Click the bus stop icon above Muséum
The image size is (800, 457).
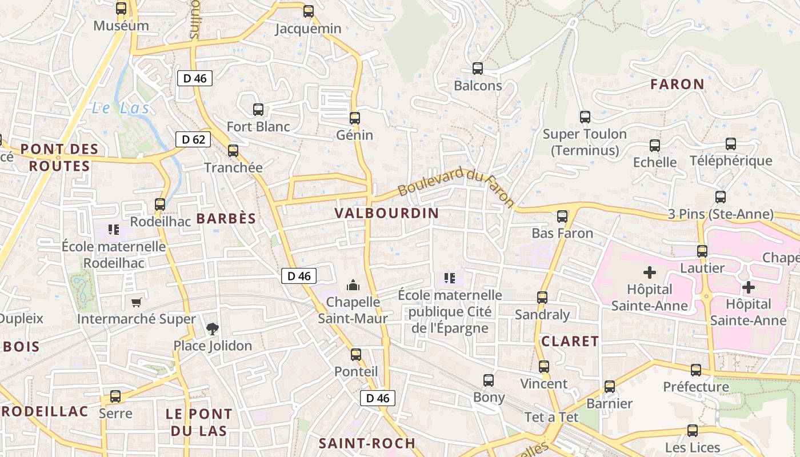pos(121,9)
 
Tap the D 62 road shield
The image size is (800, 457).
pos(193,139)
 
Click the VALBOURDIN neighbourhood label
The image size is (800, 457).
pos(387,214)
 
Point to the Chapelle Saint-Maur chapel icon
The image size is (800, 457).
pos(353,284)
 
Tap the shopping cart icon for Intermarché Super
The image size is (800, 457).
pos(136,302)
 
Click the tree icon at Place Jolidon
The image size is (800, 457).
pos(213,329)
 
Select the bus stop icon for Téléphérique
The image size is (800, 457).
pos(731,144)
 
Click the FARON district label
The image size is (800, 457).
pos(677,85)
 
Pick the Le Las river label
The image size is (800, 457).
pos(121,108)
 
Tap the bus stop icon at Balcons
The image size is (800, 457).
pos(478,69)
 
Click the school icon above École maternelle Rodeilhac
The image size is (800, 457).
pos(114,230)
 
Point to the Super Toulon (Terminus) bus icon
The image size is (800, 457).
pos(585,117)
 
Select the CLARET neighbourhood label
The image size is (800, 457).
pos(570,342)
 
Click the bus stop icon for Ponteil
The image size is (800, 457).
pos(356,355)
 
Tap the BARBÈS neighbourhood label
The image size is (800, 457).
pos(226,219)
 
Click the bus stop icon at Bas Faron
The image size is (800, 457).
pos(562,217)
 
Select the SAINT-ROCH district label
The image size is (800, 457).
pos(367,443)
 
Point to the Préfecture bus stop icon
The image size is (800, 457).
pos(696,370)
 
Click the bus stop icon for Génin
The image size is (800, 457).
pos(355,118)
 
